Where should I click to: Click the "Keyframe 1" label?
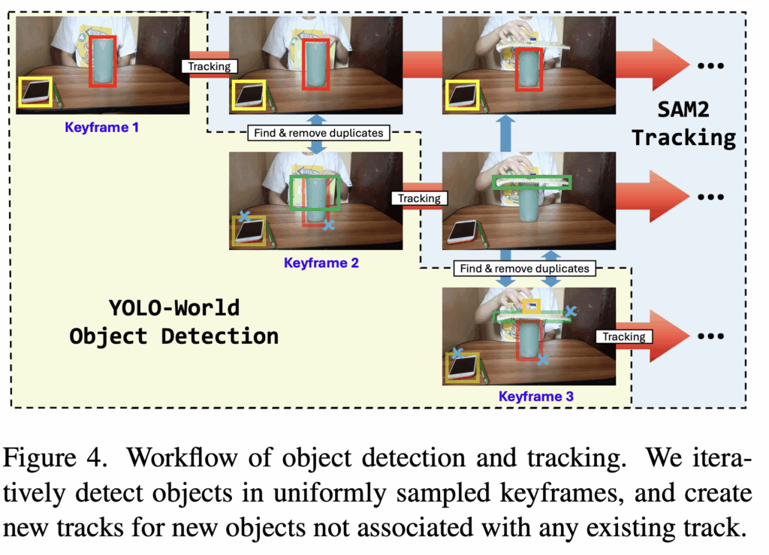click(x=101, y=128)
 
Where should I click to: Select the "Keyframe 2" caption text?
click(x=321, y=263)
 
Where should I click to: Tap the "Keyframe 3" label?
click(x=535, y=396)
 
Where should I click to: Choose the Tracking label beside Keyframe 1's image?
click(x=210, y=66)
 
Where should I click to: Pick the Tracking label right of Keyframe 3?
click(x=623, y=336)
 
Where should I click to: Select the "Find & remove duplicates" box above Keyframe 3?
click(x=524, y=267)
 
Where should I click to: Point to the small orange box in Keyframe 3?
click(x=531, y=306)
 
